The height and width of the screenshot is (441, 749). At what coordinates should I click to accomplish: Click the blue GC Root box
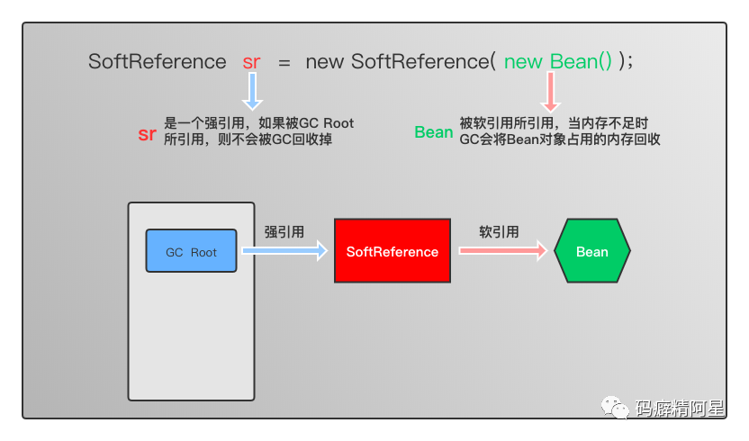191,251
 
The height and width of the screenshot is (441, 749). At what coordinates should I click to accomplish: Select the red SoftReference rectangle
393,251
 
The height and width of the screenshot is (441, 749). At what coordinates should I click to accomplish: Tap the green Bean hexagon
591,251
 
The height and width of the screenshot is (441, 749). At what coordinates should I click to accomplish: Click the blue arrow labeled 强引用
284,251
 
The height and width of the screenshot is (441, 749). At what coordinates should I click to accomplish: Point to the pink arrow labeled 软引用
503,251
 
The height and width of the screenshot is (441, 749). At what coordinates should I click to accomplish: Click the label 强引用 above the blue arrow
284,231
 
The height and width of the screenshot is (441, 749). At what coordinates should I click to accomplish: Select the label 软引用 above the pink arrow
499,231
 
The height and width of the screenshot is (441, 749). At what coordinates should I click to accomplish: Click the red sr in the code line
252,62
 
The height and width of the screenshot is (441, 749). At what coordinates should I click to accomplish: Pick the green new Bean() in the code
558,62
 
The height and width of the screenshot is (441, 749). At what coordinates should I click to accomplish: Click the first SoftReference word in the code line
157,62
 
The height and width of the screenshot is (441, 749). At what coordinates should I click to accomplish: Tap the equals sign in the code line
284,62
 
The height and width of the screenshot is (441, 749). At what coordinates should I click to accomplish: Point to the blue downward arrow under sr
253,92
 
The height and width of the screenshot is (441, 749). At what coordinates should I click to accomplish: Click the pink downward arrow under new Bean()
550,92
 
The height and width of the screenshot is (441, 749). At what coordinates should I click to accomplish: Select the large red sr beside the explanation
148,134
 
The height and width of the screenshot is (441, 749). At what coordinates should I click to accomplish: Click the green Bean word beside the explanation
433,132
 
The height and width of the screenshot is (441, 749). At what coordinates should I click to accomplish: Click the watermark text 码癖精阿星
680,409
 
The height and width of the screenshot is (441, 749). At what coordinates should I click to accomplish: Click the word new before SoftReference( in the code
325,62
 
